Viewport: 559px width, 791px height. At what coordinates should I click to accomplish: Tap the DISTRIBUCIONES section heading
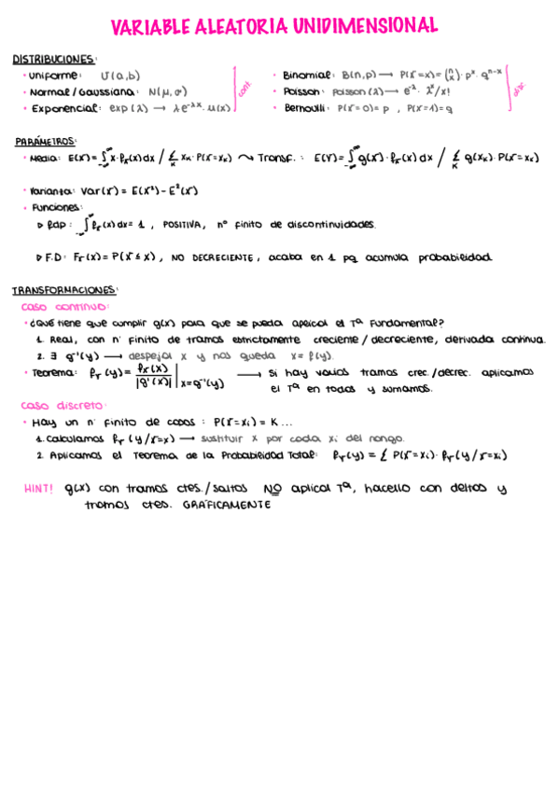coord(53,59)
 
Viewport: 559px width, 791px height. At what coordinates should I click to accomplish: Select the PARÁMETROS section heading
coord(46,142)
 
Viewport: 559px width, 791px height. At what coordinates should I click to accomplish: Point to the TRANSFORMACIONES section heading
coord(64,290)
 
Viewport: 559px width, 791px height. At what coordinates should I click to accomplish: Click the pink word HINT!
coord(38,488)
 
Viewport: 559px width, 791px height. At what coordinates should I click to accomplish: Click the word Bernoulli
coord(304,107)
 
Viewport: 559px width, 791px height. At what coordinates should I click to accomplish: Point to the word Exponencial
coord(64,108)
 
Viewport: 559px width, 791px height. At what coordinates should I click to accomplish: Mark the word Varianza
coord(51,191)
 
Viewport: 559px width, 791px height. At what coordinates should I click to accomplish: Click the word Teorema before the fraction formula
coord(53,372)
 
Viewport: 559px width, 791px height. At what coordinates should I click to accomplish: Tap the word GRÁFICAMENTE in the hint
coord(227,505)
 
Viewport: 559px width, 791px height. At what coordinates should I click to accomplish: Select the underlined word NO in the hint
coord(273,488)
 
